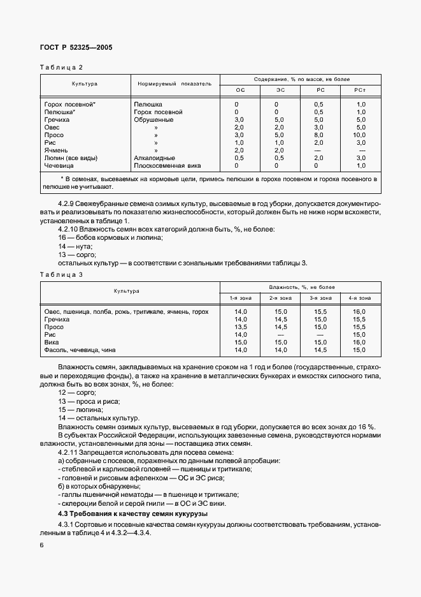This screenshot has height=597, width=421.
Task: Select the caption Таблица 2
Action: tap(62, 67)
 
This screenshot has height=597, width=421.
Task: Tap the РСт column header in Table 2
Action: tap(361, 91)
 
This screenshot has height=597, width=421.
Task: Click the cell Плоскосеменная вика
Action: tap(167, 165)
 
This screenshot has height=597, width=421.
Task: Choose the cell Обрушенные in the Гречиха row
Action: tap(153, 119)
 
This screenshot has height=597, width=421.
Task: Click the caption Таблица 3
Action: tap(62, 274)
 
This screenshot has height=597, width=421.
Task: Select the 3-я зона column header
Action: tap(320, 298)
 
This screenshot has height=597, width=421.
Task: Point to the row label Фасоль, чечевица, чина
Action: tap(81, 350)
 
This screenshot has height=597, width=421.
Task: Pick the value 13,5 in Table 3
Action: tap(241, 327)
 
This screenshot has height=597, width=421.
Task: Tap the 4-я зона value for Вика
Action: tap(359, 342)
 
